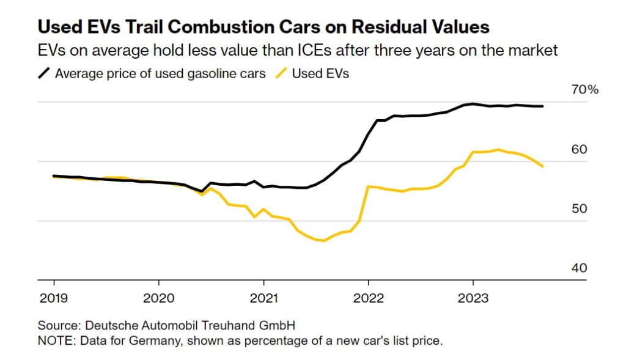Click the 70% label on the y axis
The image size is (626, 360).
584,90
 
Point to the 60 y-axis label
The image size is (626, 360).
579,149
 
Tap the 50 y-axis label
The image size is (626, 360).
579,208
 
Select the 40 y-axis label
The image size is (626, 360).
579,268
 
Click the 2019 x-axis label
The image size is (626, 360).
54,298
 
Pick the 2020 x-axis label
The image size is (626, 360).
158,298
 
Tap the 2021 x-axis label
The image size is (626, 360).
263,298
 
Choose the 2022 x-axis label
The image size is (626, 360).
368,298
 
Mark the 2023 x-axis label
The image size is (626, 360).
473,298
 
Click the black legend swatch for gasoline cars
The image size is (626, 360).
44,73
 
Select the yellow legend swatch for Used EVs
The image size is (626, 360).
281,73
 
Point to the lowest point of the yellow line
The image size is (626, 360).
323,241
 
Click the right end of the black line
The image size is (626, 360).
542,106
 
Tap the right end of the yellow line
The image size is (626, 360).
542,166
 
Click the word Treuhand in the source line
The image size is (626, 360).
229,325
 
